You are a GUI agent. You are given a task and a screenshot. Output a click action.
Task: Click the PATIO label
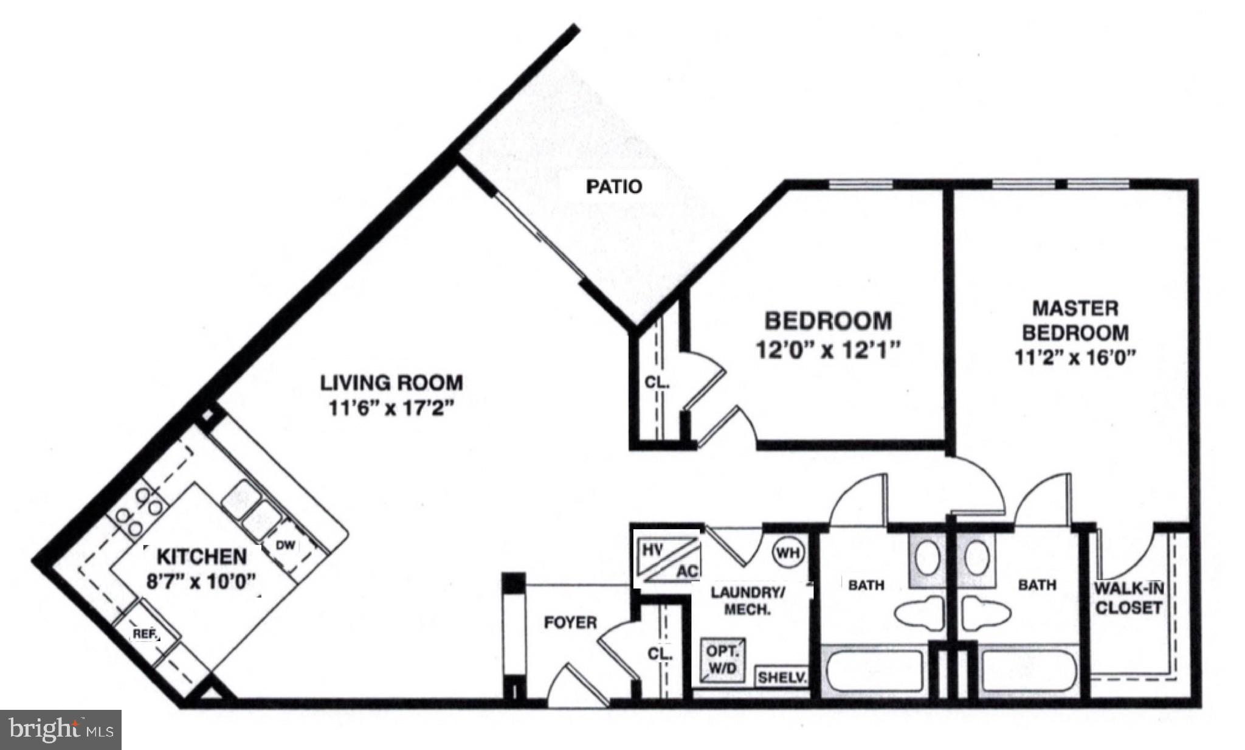coord(613,186)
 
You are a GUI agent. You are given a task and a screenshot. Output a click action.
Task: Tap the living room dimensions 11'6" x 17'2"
coord(392,408)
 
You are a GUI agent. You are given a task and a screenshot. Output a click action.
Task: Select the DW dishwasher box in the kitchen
coord(285,546)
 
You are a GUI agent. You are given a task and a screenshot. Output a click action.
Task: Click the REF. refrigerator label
coord(145,634)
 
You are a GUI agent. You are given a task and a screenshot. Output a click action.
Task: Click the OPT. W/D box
coord(722,659)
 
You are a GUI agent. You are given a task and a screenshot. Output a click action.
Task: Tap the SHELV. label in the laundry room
coord(782,678)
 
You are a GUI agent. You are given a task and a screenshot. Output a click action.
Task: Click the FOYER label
coord(570,622)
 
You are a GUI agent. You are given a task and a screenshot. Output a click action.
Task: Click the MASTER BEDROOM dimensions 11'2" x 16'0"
coord(1075,357)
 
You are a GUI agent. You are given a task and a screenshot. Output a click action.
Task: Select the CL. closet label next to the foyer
coord(660,655)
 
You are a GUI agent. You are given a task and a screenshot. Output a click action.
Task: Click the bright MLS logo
coord(61,729)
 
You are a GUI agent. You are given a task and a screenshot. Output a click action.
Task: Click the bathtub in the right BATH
coord(1029,671)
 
